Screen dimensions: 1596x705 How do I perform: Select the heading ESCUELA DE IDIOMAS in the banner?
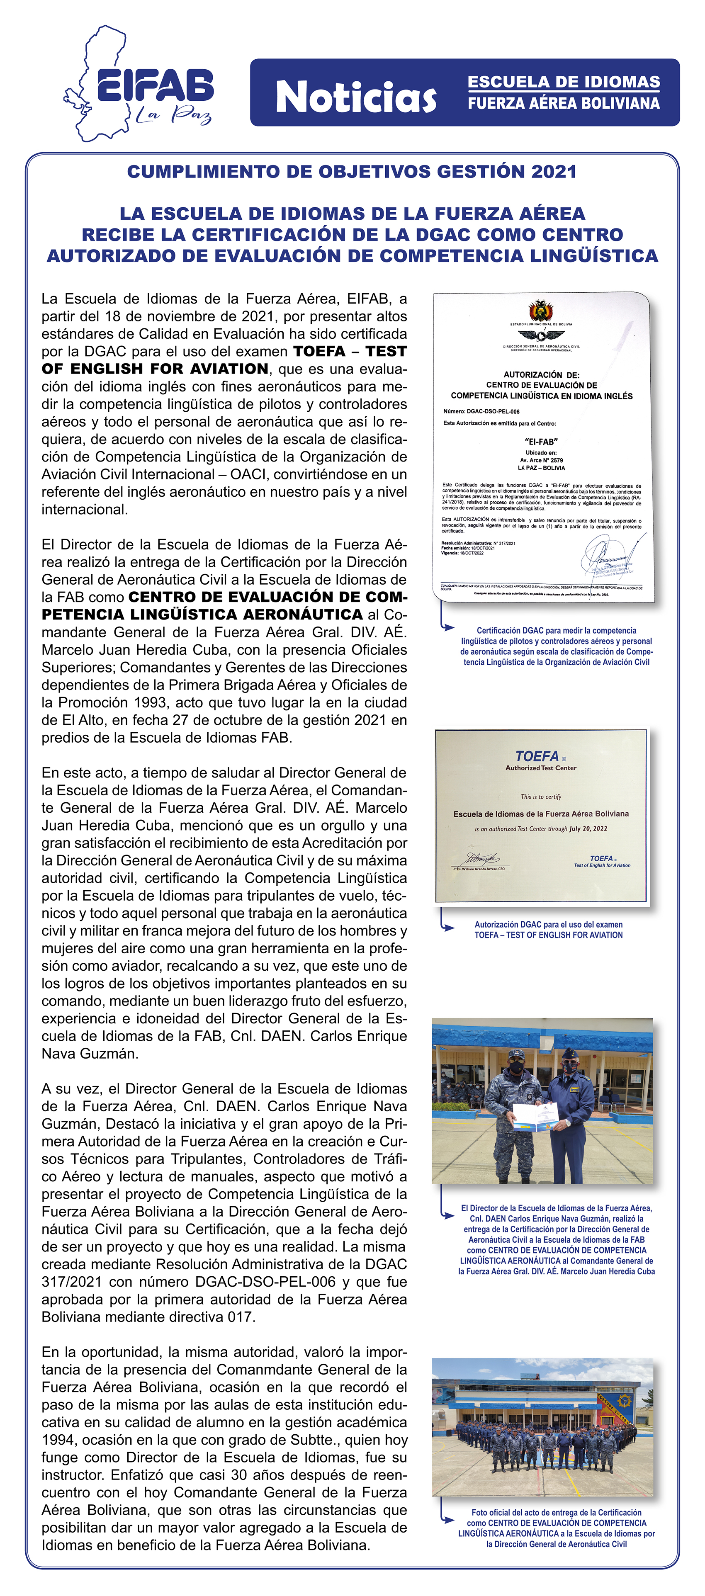coord(563,82)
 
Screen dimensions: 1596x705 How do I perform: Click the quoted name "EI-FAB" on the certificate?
coord(541,441)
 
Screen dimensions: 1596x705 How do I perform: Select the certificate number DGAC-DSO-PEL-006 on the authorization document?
coord(493,411)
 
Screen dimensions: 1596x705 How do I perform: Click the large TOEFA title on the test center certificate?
coord(537,756)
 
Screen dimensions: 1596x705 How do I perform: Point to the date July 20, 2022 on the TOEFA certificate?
coord(588,828)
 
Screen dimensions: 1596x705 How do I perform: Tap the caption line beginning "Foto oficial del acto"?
coord(556,1512)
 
